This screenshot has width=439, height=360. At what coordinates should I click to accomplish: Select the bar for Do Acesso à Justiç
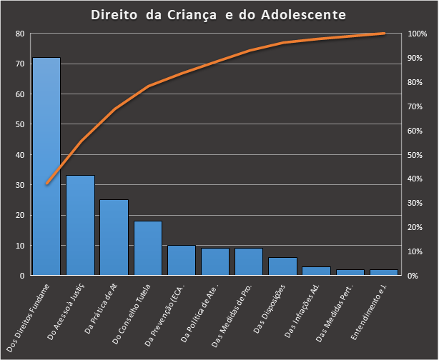click(x=80, y=225)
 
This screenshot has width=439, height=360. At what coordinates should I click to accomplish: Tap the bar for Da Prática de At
click(x=114, y=237)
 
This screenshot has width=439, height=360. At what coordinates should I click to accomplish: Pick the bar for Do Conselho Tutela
click(x=147, y=248)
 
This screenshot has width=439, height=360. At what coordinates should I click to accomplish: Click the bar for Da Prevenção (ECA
click(x=181, y=260)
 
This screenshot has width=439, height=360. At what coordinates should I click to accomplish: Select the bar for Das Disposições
click(x=282, y=266)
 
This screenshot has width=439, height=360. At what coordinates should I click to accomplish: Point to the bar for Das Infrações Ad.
click(x=316, y=271)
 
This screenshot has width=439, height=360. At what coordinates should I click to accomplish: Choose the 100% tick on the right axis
click(x=418, y=34)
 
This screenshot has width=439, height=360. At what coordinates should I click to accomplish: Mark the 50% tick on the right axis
click(x=418, y=154)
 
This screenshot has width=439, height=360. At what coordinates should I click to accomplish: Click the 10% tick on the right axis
click(x=418, y=251)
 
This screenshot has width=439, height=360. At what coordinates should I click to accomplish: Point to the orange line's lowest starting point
click(x=46, y=184)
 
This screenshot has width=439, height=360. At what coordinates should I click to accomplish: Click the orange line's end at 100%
click(x=384, y=34)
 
